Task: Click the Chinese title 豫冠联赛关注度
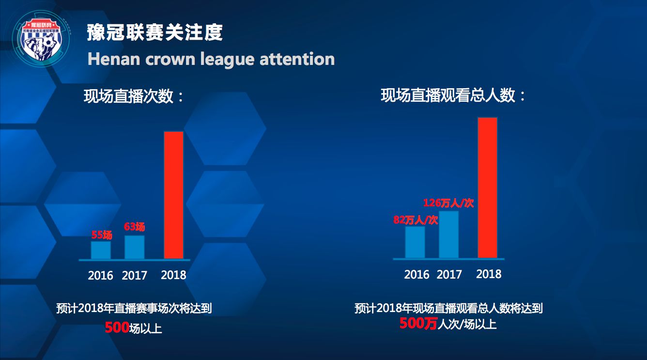(x=155, y=33)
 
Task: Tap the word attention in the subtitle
(x=297, y=59)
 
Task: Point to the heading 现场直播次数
(x=134, y=96)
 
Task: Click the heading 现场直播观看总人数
(x=453, y=95)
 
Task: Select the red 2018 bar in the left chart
(x=174, y=195)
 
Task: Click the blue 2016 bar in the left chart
(x=101, y=250)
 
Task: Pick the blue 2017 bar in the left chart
(x=134, y=247)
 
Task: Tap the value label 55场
(x=102, y=235)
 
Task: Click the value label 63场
(x=134, y=226)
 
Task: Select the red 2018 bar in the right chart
(x=488, y=188)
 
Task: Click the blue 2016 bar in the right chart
(x=415, y=242)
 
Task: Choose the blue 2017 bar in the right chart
(x=449, y=235)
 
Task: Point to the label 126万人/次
(x=448, y=203)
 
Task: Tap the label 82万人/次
(x=416, y=219)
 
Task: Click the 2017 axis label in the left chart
(x=134, y=276)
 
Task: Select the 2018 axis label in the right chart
(x=489, y=274)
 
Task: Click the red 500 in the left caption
(x=116, y=328)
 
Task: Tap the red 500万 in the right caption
(x=418, y=323)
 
